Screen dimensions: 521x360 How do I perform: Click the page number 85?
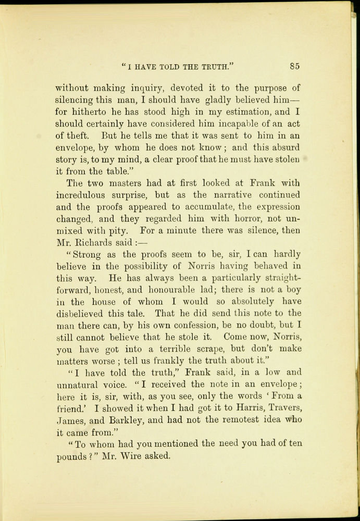(x=295, y=66)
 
